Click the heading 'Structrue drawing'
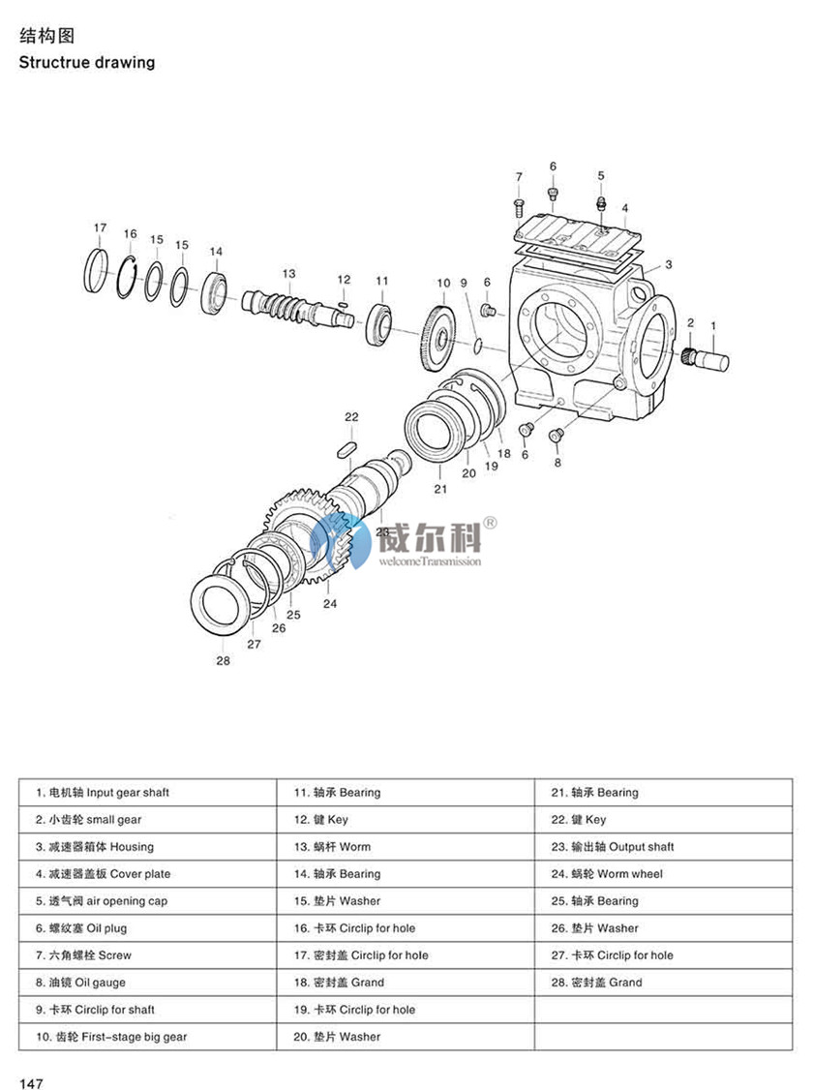[86, 63]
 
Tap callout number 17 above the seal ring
[100, 227]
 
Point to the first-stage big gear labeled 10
[441, 337]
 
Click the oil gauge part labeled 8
[557, 435]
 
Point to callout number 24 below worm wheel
[330, 603]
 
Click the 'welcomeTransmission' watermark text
[429, 561]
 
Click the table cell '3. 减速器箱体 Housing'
[95, 847]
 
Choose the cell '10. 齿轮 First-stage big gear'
[111, 1037]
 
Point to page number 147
[30, 1082]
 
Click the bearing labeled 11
[380, 322]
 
